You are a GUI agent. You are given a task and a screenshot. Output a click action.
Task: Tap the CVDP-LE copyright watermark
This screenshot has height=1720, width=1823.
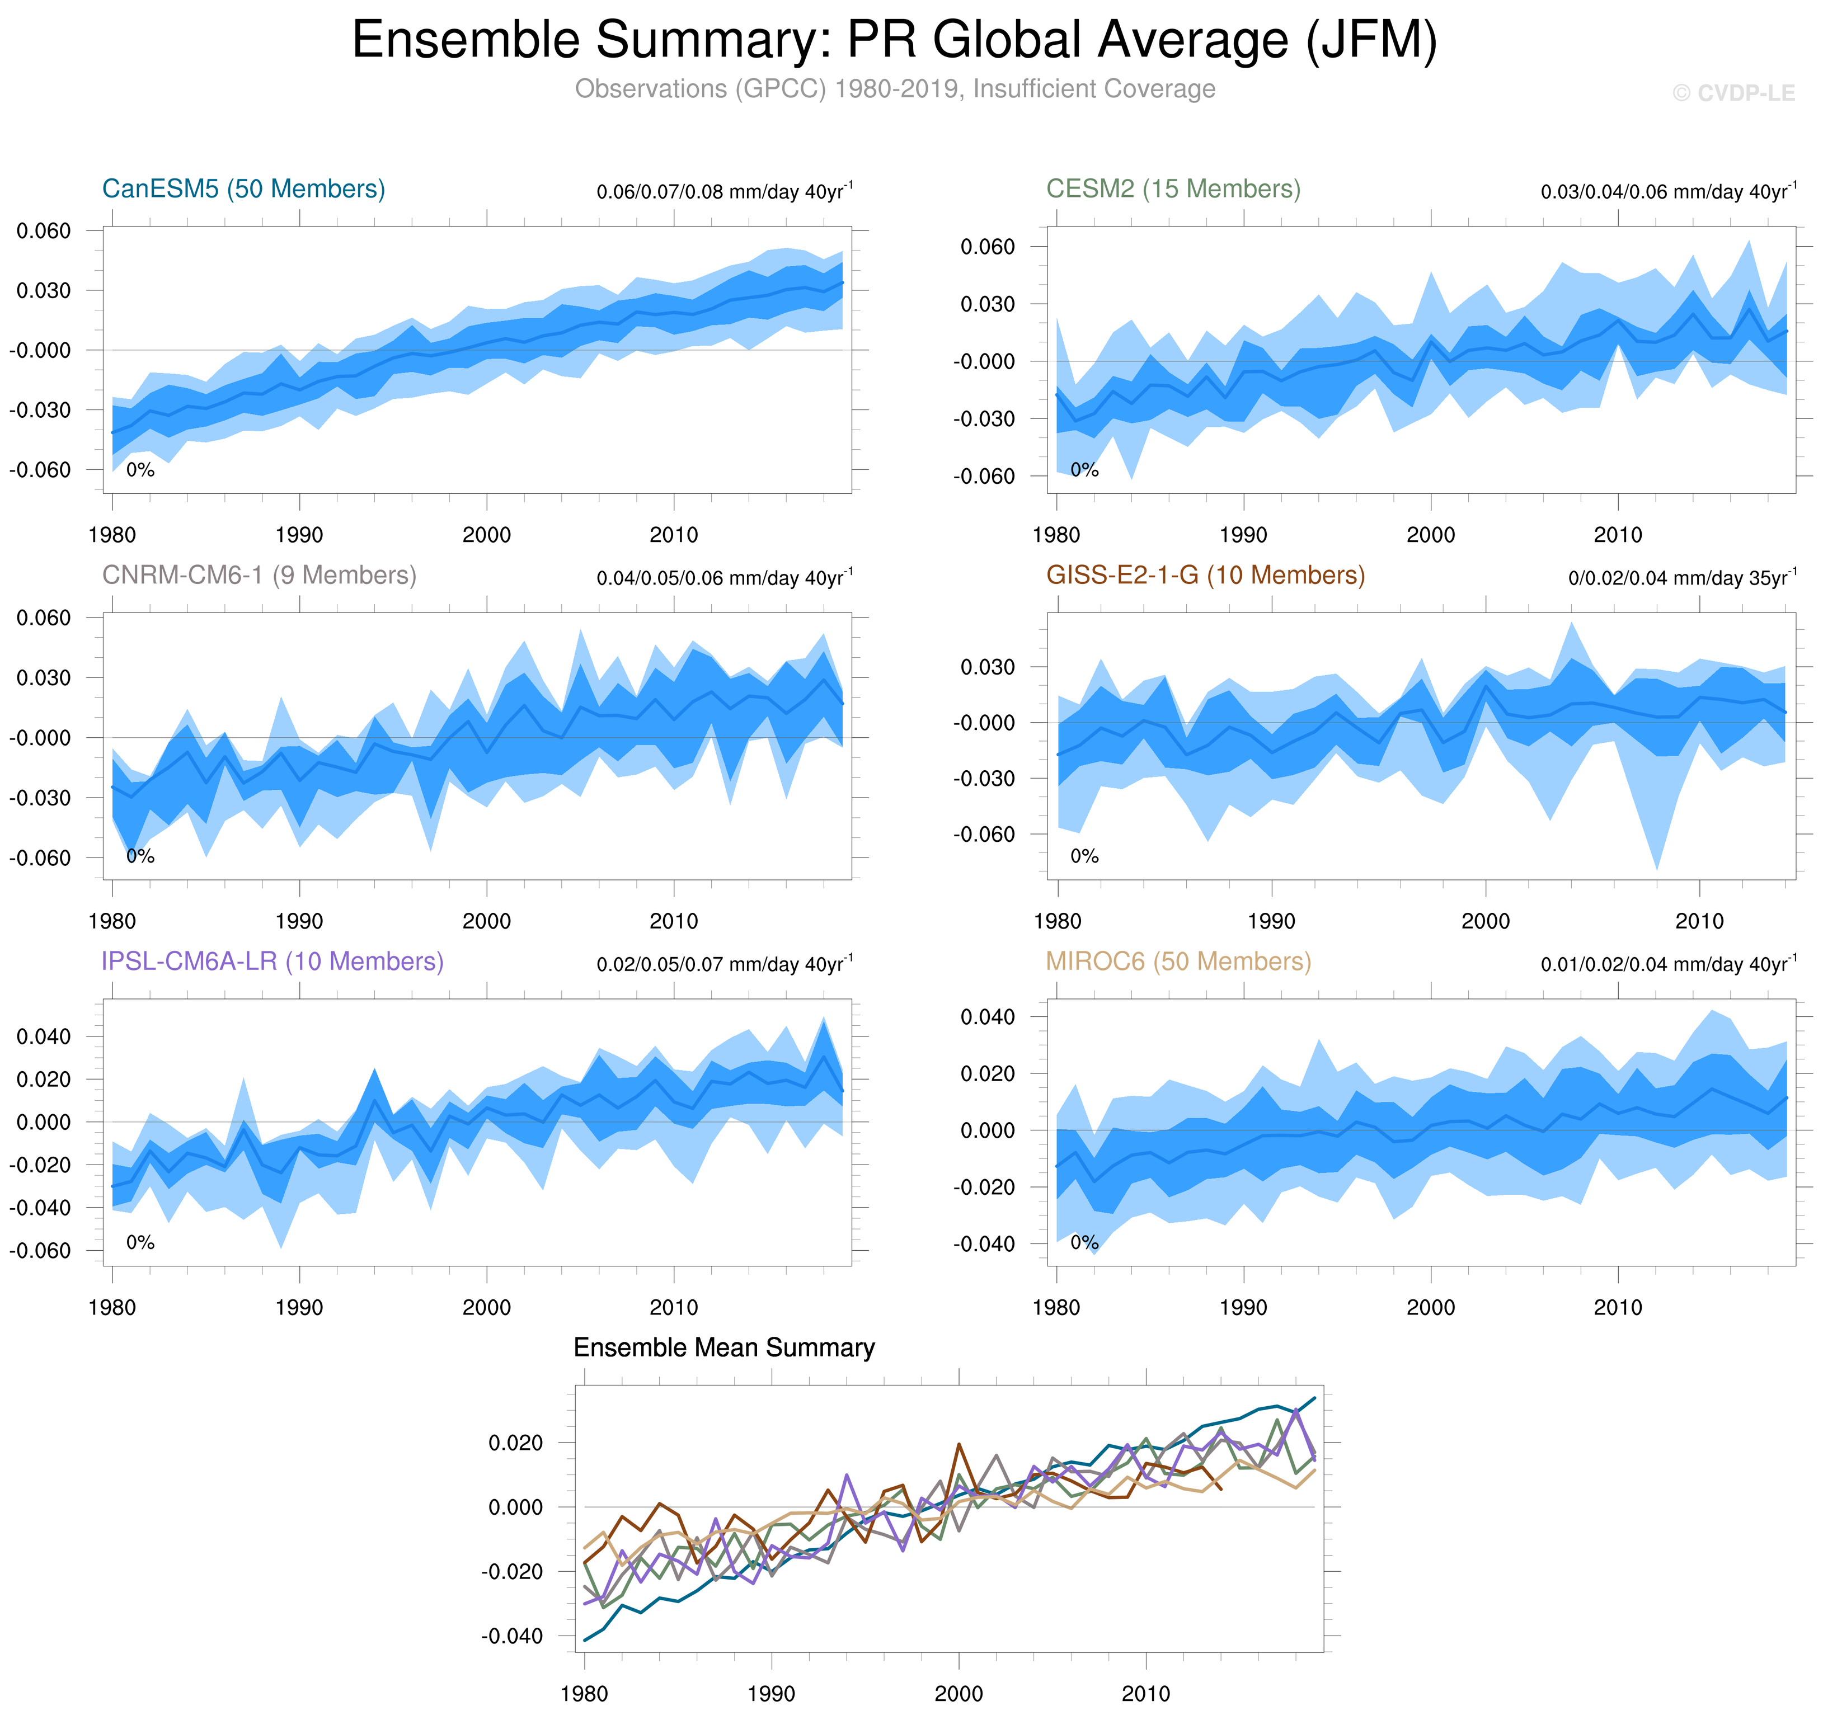[x=1733, y=93]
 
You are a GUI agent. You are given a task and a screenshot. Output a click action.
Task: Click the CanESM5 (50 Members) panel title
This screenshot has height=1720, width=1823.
[x=243, y=189]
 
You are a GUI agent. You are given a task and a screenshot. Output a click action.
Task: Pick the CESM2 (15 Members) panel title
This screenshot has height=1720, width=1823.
[x=1173, y=189]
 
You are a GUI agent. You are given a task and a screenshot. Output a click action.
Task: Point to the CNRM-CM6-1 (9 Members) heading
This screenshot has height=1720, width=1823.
[x=259, y=575]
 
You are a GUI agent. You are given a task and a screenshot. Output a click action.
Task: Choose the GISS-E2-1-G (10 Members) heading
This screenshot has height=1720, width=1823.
[x=1205, y=575]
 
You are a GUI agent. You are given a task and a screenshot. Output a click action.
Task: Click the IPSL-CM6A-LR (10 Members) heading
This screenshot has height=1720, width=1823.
[x=272, y=961]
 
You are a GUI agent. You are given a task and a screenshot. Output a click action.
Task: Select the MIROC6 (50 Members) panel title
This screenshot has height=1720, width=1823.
[x=1178, y=961]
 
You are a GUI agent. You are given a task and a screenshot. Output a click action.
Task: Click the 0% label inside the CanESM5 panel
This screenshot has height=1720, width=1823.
[x=140, y=470]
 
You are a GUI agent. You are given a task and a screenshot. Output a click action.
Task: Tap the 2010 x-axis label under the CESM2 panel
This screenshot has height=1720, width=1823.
[x=1618, y=535]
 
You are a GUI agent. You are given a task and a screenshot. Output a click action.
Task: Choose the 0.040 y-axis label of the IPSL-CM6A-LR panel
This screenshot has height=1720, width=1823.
[x=43, y=1037]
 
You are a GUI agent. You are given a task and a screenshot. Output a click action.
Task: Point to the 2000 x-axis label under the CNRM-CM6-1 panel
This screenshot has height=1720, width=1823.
[x=486, y=921]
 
